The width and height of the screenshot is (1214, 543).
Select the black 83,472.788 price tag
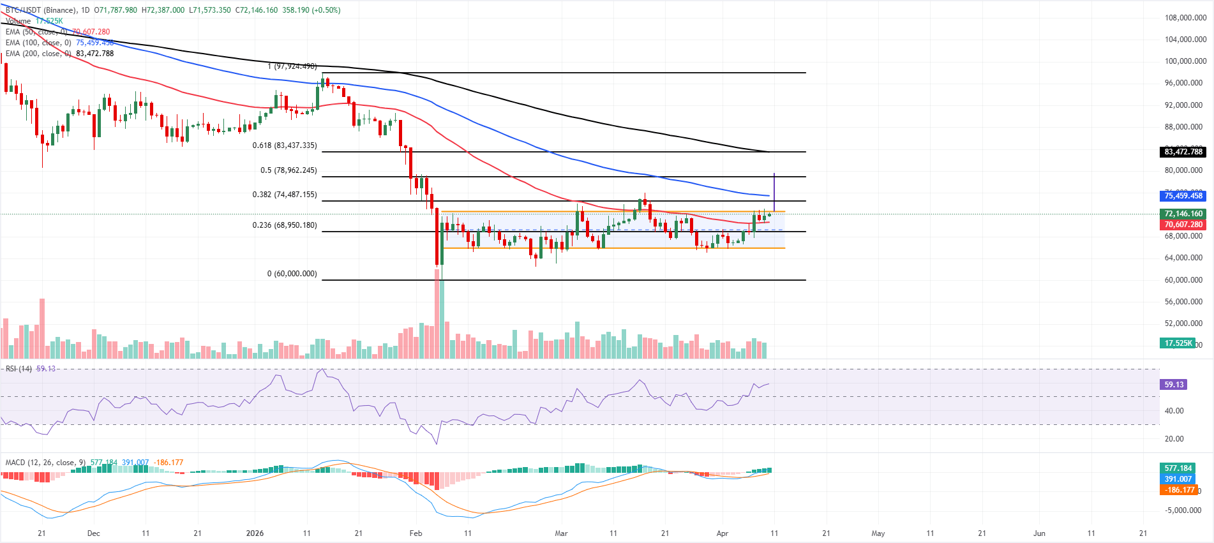point(1183,152)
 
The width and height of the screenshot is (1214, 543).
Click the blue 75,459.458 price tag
point(1183,196)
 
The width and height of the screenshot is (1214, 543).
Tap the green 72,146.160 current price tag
point(1183,214)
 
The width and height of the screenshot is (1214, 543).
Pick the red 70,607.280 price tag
point(1183,225)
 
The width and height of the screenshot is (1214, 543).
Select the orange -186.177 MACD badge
point(1178,490)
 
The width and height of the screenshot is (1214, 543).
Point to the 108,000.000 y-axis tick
point(1185,18)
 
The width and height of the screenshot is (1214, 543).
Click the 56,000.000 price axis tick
point(1185,302)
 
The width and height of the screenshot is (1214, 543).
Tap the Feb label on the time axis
point(416,533)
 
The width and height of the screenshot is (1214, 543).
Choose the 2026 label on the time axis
point(255,533)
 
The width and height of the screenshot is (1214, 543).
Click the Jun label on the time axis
point(1039,533)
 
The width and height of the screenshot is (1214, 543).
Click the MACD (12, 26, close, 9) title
point(45,463)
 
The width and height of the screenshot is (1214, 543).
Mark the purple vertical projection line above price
point(774,191)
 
